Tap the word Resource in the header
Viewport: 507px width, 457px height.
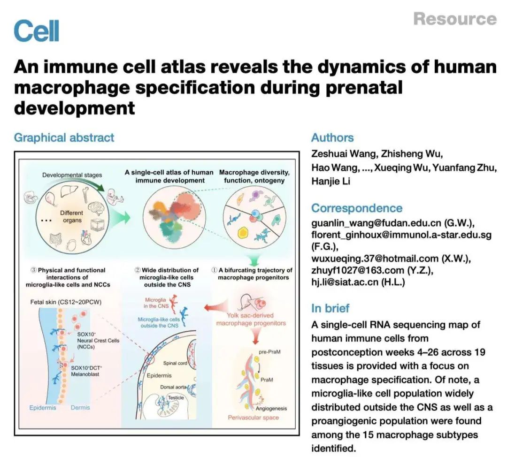tap(454, 19)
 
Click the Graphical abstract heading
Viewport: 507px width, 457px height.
tap(64, 137)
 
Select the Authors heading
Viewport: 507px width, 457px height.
tap(332, 137)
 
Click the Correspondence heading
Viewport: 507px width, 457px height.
tap(357, 208)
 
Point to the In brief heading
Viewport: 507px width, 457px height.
tap(330, 308)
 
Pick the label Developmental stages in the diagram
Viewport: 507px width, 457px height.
tap(72, 175)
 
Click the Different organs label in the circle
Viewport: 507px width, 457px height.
tap(71, 216)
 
